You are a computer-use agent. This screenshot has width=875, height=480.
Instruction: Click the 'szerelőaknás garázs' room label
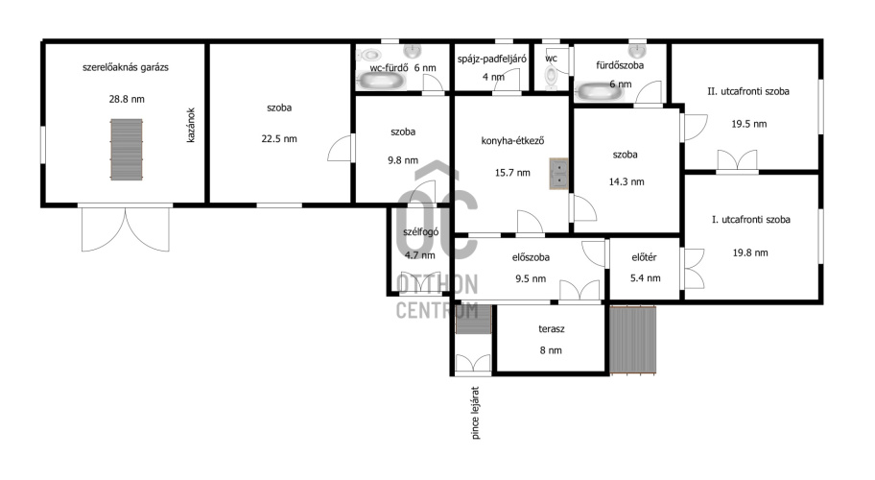(x=126, y=67)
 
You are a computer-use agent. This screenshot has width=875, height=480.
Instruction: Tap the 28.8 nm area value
(x=127, y=99)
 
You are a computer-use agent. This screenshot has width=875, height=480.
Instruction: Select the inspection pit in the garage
(x=126, y=150)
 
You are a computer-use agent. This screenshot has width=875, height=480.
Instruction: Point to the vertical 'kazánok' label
(x=191, y=126)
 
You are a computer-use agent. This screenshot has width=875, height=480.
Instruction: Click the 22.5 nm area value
(x=279, y=139)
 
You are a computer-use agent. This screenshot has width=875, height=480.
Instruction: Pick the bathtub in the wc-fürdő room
(x=380, y=82)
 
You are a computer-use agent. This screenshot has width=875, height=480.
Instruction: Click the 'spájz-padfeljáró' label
(x=491, y=59)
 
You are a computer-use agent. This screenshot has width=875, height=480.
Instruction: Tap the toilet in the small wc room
(x=551, y=77)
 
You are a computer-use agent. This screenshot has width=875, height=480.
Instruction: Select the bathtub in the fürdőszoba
(x=600, y=91)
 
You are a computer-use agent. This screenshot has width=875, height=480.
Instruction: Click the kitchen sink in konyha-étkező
(x=558, y=174)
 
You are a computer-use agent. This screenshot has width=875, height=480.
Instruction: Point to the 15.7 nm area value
(x=512, y=173)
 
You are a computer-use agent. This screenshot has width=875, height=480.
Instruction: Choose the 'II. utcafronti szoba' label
(x=748, y=91)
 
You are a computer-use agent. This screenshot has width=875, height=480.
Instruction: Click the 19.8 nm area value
(x=750, y=252)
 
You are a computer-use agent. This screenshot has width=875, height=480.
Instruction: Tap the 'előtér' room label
(x=644, y=257)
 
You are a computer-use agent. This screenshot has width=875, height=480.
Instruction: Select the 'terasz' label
(x=552, y=329)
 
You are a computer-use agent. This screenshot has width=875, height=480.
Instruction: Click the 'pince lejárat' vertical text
(x=476, y=413)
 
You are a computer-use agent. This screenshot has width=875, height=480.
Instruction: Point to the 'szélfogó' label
(x=421, y=232)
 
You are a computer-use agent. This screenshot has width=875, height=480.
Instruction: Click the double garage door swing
(x=126, y=229)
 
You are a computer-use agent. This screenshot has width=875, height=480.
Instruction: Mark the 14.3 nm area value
(x=627, y=182)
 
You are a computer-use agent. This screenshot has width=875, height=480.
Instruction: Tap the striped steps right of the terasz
(x=633, y=339)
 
